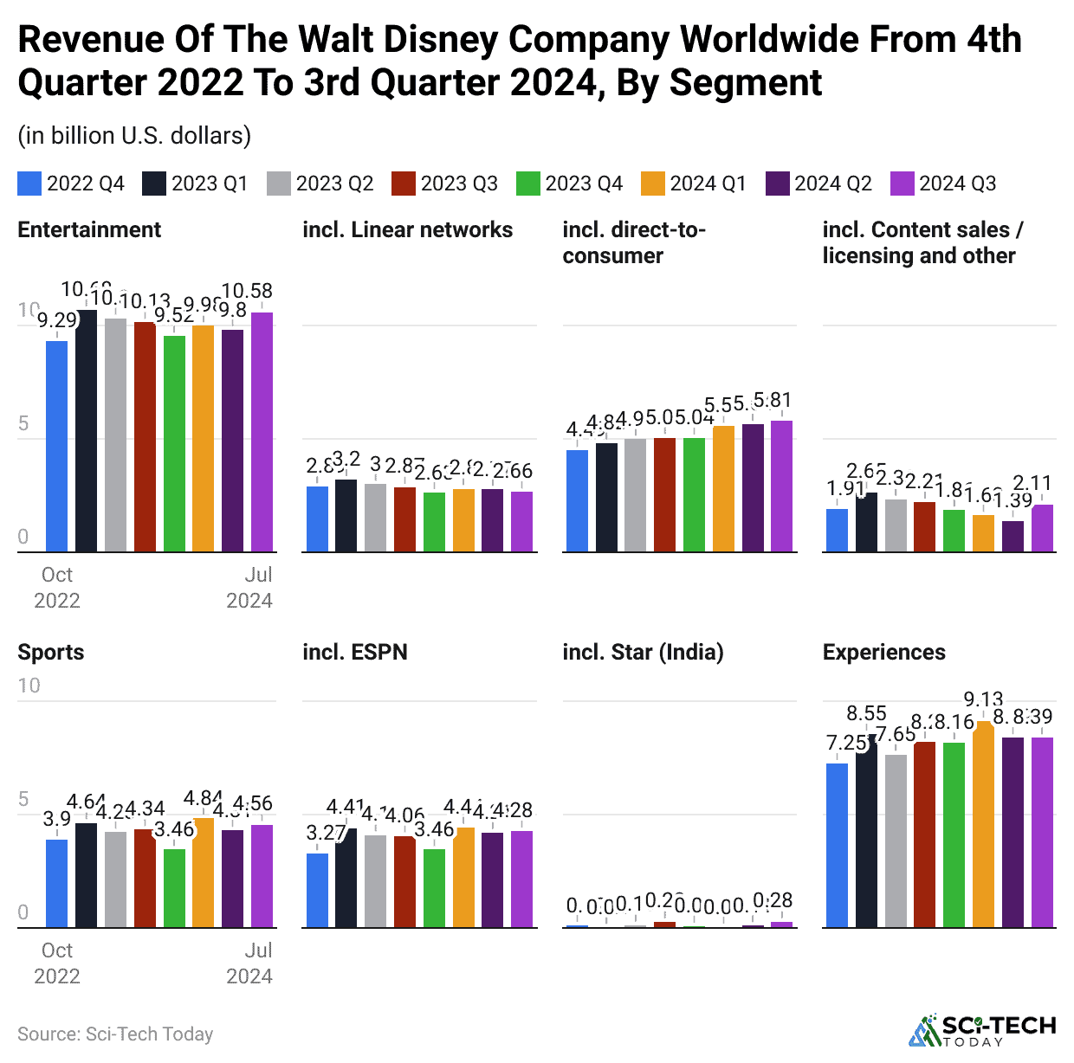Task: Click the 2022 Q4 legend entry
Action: pos(71,184)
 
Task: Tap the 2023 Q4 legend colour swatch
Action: pos(527,184)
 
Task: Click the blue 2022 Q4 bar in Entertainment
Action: pos(57,446)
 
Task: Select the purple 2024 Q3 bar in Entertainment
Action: pos(262,432)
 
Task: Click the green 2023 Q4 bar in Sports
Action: pos(174,888)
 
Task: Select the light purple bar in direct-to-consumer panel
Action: pos(781,486)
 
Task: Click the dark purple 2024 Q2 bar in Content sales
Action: pos(1013,536)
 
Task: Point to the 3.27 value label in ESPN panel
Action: pos(326,833)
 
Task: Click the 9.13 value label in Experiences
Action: pos(983,699)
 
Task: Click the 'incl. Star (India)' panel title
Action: pos(643,652)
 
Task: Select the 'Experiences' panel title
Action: pos(883,652)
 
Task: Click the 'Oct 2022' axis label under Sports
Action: pos(57,963)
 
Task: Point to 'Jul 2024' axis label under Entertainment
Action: pos(249,587)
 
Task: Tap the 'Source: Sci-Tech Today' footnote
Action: pos(115,1034)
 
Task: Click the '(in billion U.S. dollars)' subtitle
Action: pos(134,136)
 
